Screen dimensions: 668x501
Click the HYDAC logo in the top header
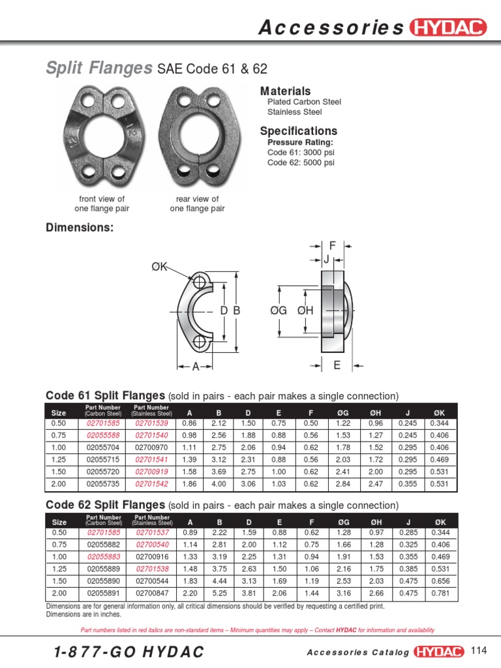coord(449,27)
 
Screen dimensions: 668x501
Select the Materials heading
coord(285,91)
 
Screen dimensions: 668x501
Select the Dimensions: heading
coord(80,227)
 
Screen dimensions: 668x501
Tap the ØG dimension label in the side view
coord(279,311)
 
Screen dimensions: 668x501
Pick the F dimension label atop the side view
coord(332,246)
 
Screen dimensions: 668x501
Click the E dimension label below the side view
coord(337,365)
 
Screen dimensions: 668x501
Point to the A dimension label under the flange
coord(195,367)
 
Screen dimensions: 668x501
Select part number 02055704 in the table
coord(103,447)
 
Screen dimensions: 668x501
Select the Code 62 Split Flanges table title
coord(105,505)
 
